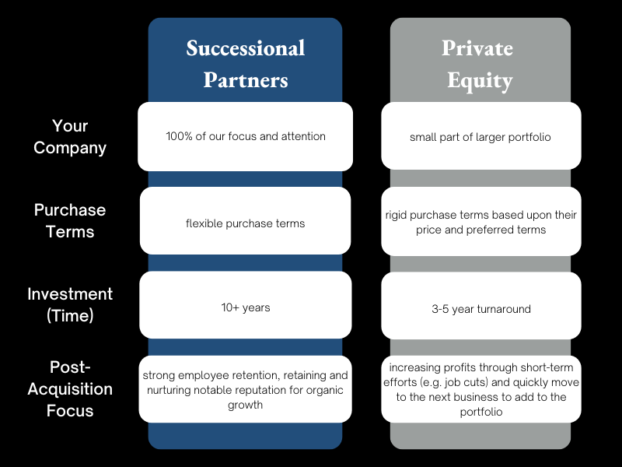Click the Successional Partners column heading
coord(245,64)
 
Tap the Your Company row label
coord(70,136)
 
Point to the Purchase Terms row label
coord(70,221)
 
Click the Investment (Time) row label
coord(70,305)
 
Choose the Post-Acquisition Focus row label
coord(70,388)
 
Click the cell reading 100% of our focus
coord(245,136)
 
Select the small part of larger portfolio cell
coord(480,137)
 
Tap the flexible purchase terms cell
coord(245,223)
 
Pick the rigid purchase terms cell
coord(480,222)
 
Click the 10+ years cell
coord(245,307)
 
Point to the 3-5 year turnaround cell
coord(480,309)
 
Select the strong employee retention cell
coord(245,389)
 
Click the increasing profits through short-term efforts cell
coord(480,389)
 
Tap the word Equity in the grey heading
coord(480,80)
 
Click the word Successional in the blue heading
coord(245,48)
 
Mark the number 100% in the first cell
coord(178,136)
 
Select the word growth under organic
coord(245,405)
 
